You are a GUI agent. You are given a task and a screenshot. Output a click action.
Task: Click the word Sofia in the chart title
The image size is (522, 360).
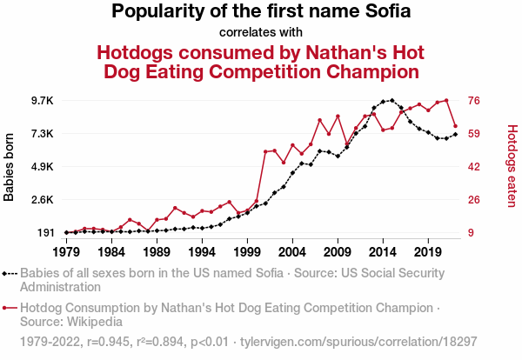point(380,12)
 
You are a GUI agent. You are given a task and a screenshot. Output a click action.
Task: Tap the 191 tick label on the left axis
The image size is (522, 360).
point(44,233)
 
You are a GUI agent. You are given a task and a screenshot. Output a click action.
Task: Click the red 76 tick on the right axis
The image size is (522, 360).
point(474,101)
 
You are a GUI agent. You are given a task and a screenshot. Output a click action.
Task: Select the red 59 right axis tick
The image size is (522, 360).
point(474,134)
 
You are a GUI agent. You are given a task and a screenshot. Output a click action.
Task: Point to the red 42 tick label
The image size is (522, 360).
point(474,167)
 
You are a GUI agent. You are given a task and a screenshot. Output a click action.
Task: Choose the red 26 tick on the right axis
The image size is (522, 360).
point(474,200)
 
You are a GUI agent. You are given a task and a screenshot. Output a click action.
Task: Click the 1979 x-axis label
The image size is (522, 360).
point(66,251)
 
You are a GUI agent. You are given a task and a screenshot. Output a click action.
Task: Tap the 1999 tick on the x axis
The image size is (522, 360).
point(247,251)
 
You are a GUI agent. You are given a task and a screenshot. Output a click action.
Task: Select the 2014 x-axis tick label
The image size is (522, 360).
point(383,251)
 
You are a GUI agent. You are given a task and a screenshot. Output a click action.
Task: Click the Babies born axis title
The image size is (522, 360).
point(10,167)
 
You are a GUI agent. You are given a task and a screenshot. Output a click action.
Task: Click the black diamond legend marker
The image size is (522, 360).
point(5,273)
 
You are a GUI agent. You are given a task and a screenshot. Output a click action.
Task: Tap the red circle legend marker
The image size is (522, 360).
point(5,307)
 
